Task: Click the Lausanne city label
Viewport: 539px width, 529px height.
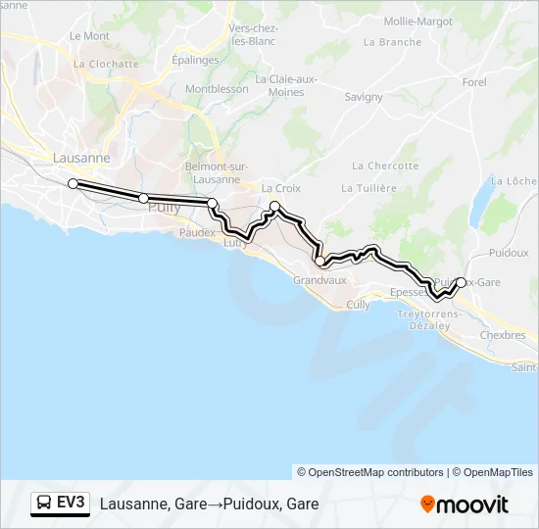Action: coord(80,158)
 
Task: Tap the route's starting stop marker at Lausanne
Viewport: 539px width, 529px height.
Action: coord(73,183)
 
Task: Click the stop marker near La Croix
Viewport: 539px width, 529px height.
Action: coord(275,206)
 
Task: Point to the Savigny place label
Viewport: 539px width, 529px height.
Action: coord(364,97)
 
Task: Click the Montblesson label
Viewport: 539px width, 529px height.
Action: coord(217,88)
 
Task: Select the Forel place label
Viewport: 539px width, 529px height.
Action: coord(474,82)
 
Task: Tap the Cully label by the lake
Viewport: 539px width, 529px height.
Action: coord(358,305)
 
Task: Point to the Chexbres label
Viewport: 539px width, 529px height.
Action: coord(503,335)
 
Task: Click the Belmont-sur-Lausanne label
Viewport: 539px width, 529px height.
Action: coord(213,172)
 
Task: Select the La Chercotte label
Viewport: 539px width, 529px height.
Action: coord(385,166)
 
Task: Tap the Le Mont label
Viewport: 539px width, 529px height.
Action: coord(89,35)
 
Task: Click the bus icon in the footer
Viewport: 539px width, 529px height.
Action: coord(43,504)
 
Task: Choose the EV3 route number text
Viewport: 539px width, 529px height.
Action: coord(72,504)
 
